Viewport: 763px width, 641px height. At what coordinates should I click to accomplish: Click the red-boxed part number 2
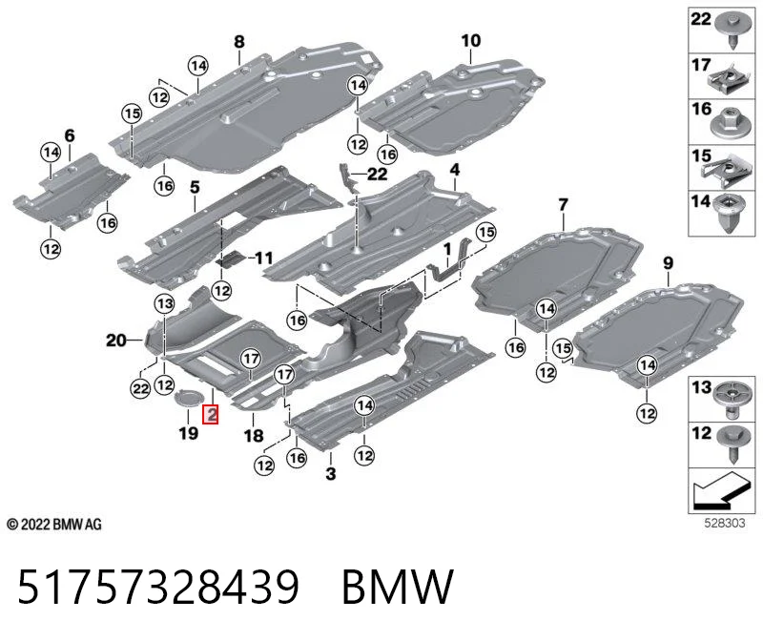[x=212, y=415]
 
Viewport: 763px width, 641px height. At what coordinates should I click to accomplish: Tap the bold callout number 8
[x=239, y=42]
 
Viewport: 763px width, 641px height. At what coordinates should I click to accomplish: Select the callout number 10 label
[x=470, y=40]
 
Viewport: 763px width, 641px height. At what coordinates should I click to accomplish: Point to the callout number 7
[x=563, y=204]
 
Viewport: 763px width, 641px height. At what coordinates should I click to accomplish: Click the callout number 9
[x=669, y=263]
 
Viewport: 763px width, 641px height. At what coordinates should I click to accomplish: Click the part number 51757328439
[x=158, y=587]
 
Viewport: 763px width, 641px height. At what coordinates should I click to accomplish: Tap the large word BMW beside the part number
[x=398, y=587]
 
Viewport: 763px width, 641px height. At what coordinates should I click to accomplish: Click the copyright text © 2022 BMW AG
[x=54, y=525]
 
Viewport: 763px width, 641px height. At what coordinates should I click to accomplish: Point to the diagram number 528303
[x=725, y=523]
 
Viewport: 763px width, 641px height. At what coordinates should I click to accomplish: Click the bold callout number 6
[x=70, y=135]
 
